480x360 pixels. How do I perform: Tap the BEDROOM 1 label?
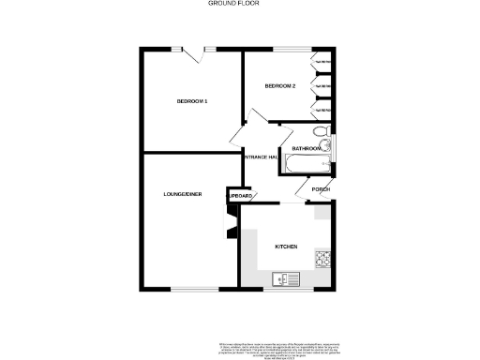[x=192, y=101]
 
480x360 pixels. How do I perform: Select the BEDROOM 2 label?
[x=279, y=86]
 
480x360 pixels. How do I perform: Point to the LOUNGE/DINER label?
[x=183, y=194]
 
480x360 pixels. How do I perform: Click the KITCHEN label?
[x=286, y=247]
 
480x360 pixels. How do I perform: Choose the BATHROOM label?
[x=307, y=149]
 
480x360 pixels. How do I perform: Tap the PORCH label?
[x=321, y=189]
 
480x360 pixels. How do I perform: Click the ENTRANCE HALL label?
[x=259, y=157]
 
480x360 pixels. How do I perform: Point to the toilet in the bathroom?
[x=319, y=131]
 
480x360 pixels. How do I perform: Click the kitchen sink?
[x=284, y=278]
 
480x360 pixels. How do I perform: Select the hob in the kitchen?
[x=324, y=260]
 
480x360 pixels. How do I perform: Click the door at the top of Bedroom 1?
[x=196, y=52]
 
